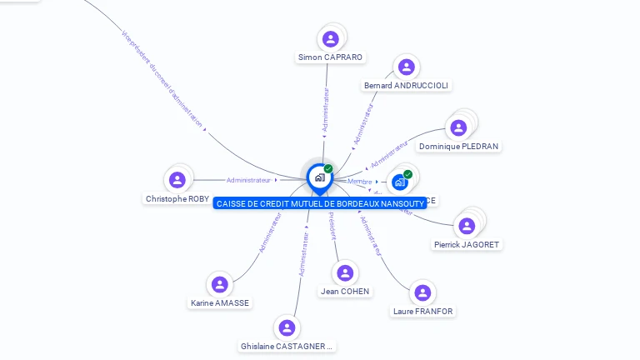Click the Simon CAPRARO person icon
331,38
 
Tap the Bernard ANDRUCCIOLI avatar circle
406,67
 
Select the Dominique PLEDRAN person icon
457,128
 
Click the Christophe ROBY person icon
177,180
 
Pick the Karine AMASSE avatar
219,285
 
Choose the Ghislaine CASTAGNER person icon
287,327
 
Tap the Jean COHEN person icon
345,273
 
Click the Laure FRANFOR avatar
422,292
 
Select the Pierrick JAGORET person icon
467,226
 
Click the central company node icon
319,177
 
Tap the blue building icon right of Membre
400,182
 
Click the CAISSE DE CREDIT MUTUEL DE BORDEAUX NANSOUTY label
320,203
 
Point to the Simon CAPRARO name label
331,57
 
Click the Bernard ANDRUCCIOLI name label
407,86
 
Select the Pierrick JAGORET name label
467,245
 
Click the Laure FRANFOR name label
423,312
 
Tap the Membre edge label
359,182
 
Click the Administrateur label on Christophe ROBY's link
248,180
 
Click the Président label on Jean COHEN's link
332,226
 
